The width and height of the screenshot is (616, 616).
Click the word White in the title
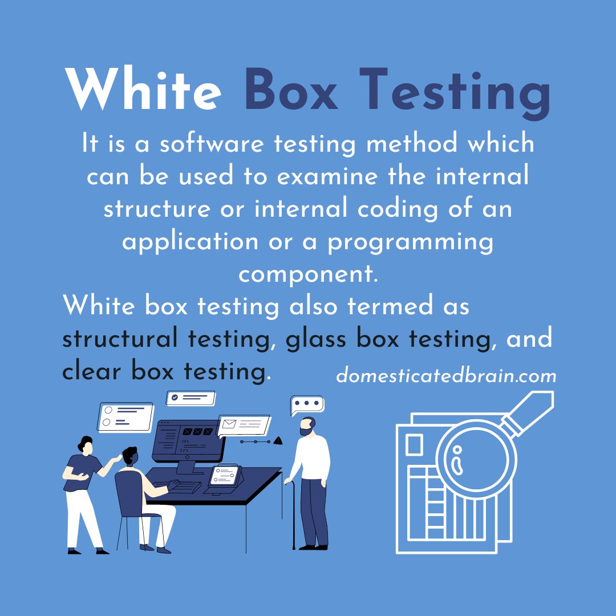tap(143, 90)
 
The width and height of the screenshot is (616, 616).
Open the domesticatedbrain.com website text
tap(446, 376)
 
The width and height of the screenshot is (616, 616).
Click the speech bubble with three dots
tap(307, 404)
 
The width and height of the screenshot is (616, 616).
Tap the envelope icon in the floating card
tap(230, 424)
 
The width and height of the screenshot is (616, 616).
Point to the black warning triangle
tap(278, 440)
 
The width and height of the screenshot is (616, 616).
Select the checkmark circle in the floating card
tap(175, 397)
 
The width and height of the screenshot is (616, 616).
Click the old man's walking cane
tap(294, 513)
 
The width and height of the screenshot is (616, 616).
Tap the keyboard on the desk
tap(184, 487)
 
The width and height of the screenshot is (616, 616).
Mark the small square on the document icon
tap(414, 445)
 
